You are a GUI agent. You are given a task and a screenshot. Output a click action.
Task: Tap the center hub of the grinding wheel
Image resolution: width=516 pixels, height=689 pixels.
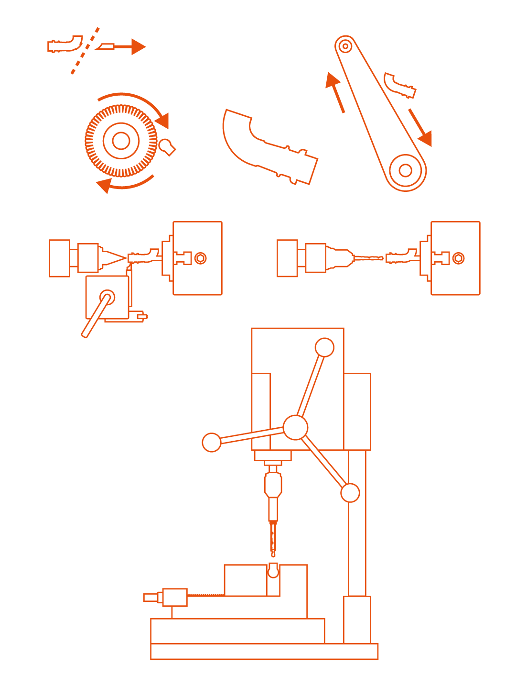click(121, 141)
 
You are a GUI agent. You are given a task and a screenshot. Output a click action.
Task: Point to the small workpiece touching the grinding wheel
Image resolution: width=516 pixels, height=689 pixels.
click(167, 147)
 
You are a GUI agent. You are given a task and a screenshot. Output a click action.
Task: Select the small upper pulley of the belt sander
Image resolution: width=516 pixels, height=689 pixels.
click(345, 46)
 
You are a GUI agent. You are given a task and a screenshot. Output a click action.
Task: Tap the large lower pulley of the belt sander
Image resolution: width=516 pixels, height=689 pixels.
click(406, 170)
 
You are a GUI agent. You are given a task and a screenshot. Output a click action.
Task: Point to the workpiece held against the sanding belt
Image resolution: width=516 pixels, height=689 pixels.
click(399, 86)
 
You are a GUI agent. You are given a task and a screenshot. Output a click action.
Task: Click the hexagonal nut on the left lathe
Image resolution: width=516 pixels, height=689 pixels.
click(201, 258)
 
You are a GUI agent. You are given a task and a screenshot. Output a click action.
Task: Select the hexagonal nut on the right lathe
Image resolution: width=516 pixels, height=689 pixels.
click(458, 258)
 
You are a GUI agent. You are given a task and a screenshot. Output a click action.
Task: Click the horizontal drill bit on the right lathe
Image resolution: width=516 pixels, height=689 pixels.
click(368, 258)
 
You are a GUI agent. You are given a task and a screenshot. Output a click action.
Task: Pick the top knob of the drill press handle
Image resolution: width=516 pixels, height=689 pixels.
click(324, 347)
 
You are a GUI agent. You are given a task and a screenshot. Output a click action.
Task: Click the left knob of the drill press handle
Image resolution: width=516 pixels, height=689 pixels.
click(212, 442)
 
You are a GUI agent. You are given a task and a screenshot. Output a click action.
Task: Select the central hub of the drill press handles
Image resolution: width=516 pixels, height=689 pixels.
click(295, 427)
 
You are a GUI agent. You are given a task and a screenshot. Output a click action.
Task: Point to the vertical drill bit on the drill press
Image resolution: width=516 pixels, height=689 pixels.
click(273, 538)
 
